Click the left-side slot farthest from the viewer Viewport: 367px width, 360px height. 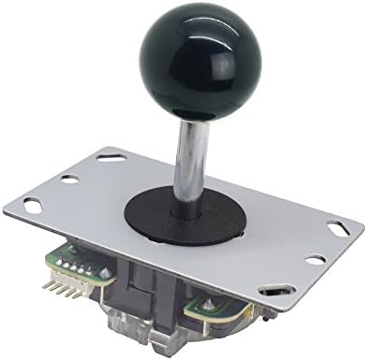click(x=105, y=159)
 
